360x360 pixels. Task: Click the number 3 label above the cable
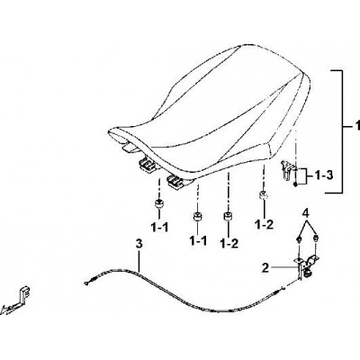click(139, 244)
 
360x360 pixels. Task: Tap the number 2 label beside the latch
click(265, 267)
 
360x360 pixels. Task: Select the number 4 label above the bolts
click(305, 213)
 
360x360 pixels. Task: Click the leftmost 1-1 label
click(159, 228)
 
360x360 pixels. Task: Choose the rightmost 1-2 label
click(265, 224)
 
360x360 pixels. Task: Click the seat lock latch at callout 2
click(308, 265)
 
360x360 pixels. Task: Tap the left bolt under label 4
click(300, 239)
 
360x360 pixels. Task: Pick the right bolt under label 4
click(315, 239)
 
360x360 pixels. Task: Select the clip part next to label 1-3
click(286, 170)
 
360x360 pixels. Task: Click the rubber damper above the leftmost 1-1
click(159, 203)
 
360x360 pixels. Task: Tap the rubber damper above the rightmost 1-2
click(264, 195)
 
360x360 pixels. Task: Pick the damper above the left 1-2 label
click(229, 216)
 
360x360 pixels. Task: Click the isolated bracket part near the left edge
click(17, 299)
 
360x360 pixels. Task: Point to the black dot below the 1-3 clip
click(296, 184)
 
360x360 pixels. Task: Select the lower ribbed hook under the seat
click(177, 182)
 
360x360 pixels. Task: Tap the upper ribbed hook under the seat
click(148, 165)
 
